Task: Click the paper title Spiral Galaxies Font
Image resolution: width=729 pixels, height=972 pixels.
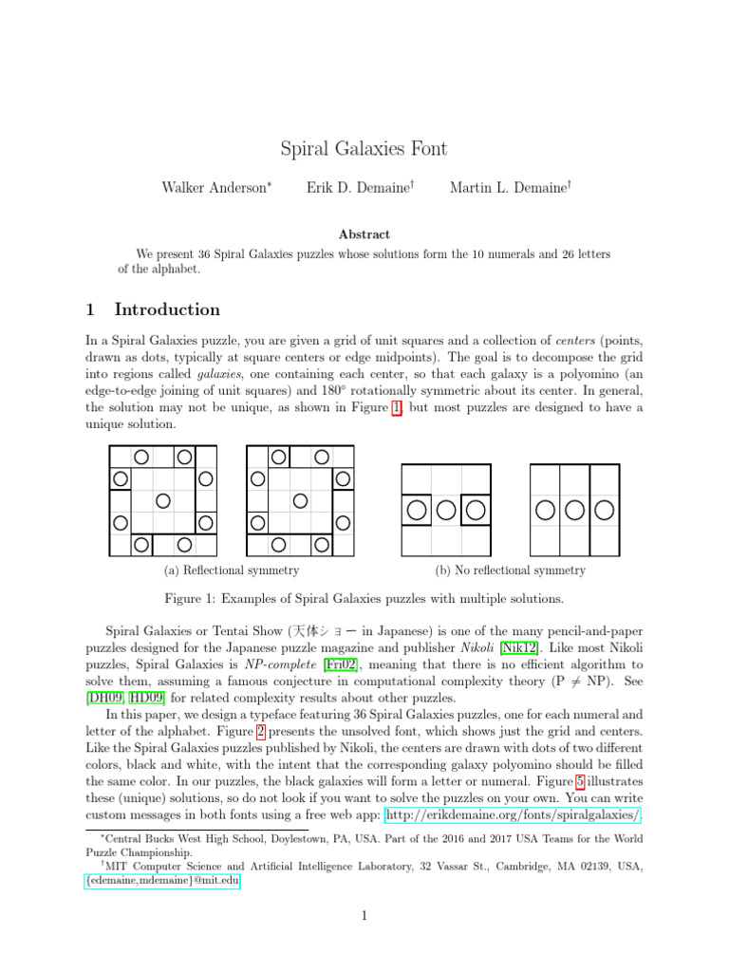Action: click(364, 149)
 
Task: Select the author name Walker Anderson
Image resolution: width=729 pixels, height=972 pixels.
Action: click(215, 188)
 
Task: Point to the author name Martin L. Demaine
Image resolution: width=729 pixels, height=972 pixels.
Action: click(509, 188)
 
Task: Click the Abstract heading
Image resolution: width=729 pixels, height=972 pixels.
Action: click(364, 234)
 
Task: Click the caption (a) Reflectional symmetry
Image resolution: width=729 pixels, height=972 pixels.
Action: click(232, 570)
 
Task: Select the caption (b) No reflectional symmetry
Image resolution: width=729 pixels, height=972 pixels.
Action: click(510, 570)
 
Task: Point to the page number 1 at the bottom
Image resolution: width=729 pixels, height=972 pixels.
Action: click(364, 916)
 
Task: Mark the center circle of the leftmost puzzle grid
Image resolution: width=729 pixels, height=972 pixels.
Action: click(162, 499)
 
